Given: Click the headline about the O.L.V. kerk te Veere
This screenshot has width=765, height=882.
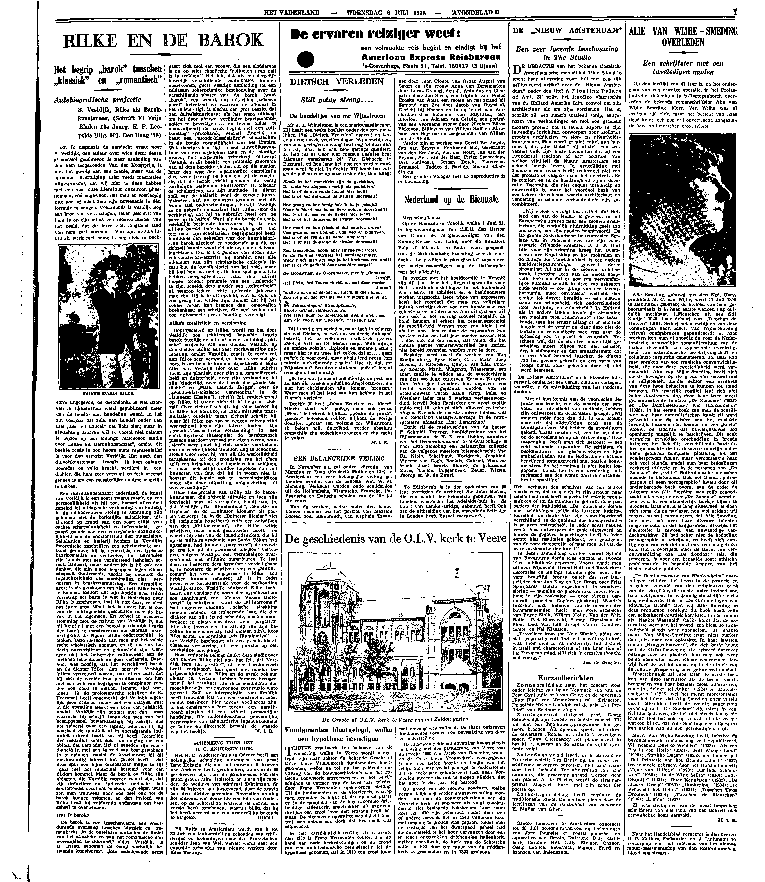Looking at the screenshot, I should tap(396, 539).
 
